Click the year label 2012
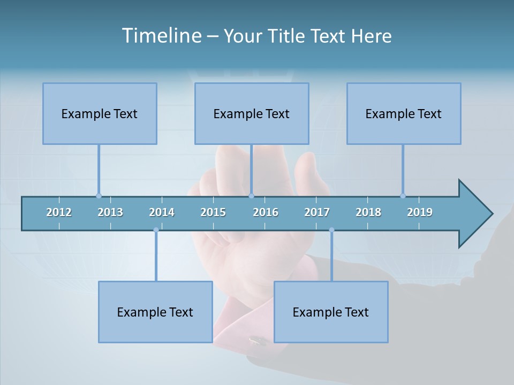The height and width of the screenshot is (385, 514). tap(59, 212)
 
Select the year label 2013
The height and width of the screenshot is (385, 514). tap(110, 212)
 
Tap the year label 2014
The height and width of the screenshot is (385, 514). tap(162, 212)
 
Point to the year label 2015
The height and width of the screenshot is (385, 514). tap(213, 212)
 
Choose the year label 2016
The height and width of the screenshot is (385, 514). tap(266, 212)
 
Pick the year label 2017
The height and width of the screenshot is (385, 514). tap(317, 212)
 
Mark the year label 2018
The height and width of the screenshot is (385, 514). tap(368, 212)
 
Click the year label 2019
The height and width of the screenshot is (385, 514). tap(420, 212)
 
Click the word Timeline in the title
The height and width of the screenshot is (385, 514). tap(161, 36)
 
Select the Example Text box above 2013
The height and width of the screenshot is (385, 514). tap(100, 113)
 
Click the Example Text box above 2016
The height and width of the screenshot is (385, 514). tap(252, 113)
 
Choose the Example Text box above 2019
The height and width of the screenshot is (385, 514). tap(404, 113)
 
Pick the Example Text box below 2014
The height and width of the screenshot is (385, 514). tap(155, 312)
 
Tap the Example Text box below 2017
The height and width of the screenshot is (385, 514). tap(331, 312)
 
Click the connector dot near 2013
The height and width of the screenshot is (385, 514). tap(99, 196)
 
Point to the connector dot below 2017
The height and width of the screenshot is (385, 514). tap(331, 230)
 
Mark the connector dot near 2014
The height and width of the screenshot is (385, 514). tap(156, 230)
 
